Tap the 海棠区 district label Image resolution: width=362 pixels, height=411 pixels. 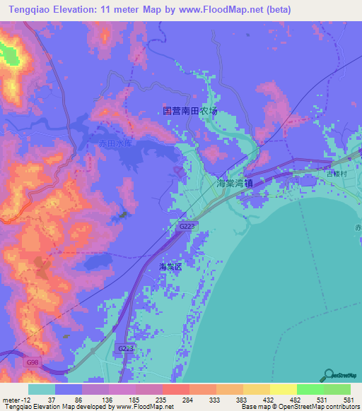170,267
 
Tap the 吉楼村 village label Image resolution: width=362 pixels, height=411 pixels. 334,173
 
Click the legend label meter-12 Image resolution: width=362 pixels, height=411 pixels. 14,400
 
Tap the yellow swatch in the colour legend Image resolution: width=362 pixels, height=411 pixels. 255,389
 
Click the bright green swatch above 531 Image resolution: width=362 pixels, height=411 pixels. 309,389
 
